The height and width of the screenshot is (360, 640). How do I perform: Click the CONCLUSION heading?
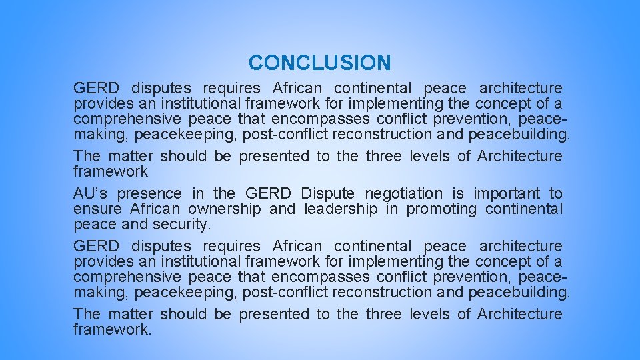319,63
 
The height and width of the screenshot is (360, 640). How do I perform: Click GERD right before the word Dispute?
268,194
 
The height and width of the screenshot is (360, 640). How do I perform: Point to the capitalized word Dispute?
327,194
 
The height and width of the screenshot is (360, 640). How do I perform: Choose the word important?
507,194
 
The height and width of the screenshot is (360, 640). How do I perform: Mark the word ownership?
225,209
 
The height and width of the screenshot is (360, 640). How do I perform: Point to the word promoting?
442,209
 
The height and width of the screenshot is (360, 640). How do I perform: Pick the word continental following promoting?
524,209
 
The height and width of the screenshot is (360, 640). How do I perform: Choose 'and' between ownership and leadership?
282,209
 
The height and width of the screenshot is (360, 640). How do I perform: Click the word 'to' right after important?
555,194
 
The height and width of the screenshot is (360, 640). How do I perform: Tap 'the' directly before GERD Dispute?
224,194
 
